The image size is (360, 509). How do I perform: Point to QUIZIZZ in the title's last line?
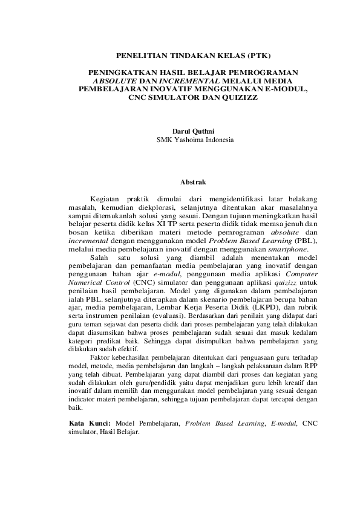coord(240,97)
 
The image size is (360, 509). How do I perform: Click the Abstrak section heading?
coord(194,181)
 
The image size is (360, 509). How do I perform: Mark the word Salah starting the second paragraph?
coord(100,257)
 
